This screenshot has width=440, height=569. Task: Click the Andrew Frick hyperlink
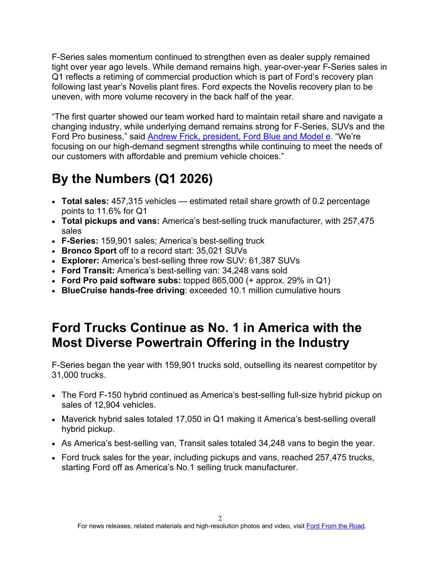(239, 137)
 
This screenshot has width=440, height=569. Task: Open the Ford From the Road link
(335, 526)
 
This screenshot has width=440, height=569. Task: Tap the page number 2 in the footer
(220, 519)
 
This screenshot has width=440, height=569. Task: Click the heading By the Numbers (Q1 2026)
(132, 179)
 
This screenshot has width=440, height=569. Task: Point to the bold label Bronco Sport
(89, 251)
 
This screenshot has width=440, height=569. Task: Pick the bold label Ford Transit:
(88, 271)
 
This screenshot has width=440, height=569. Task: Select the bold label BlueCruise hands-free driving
(123, 291)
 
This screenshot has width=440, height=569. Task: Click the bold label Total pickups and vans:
(111, 221)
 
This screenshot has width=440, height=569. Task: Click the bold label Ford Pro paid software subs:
(121, 281)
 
